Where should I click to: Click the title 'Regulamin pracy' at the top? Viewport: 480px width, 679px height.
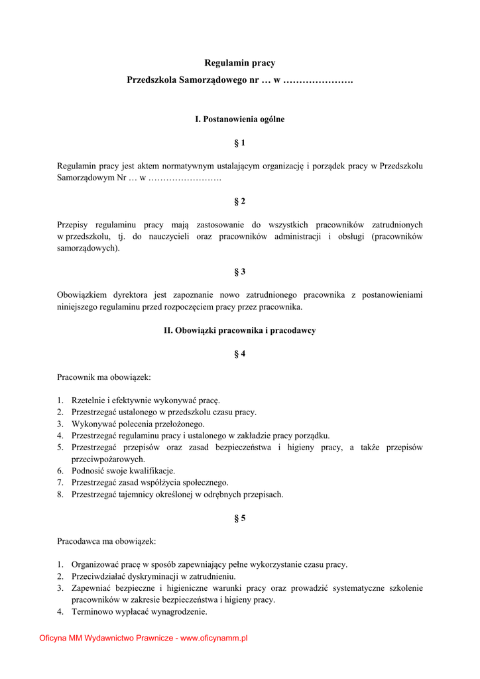(239, 63)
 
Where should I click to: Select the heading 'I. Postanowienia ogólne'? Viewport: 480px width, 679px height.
(239, 119)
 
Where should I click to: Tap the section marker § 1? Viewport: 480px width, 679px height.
(240, 143)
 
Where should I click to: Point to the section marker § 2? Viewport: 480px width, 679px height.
(240, 201)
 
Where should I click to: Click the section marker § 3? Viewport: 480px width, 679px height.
(240, 272)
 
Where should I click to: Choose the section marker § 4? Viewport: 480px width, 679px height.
(240, 354)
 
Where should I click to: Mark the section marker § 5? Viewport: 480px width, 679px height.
(240, 519)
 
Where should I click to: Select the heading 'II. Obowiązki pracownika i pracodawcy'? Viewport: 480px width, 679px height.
(239, 330)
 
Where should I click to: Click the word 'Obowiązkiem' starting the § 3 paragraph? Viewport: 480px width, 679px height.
(80, 295)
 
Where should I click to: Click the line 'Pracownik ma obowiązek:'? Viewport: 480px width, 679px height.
(104, 377)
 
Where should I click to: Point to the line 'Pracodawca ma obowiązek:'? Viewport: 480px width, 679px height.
(107, 542)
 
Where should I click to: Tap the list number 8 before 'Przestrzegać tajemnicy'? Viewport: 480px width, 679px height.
(60, 495)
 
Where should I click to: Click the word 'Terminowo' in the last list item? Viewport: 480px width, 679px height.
(90, 612)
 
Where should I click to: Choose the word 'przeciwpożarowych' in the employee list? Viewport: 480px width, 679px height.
(107, 460)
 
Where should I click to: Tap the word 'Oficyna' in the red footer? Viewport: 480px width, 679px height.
(53, 639)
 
